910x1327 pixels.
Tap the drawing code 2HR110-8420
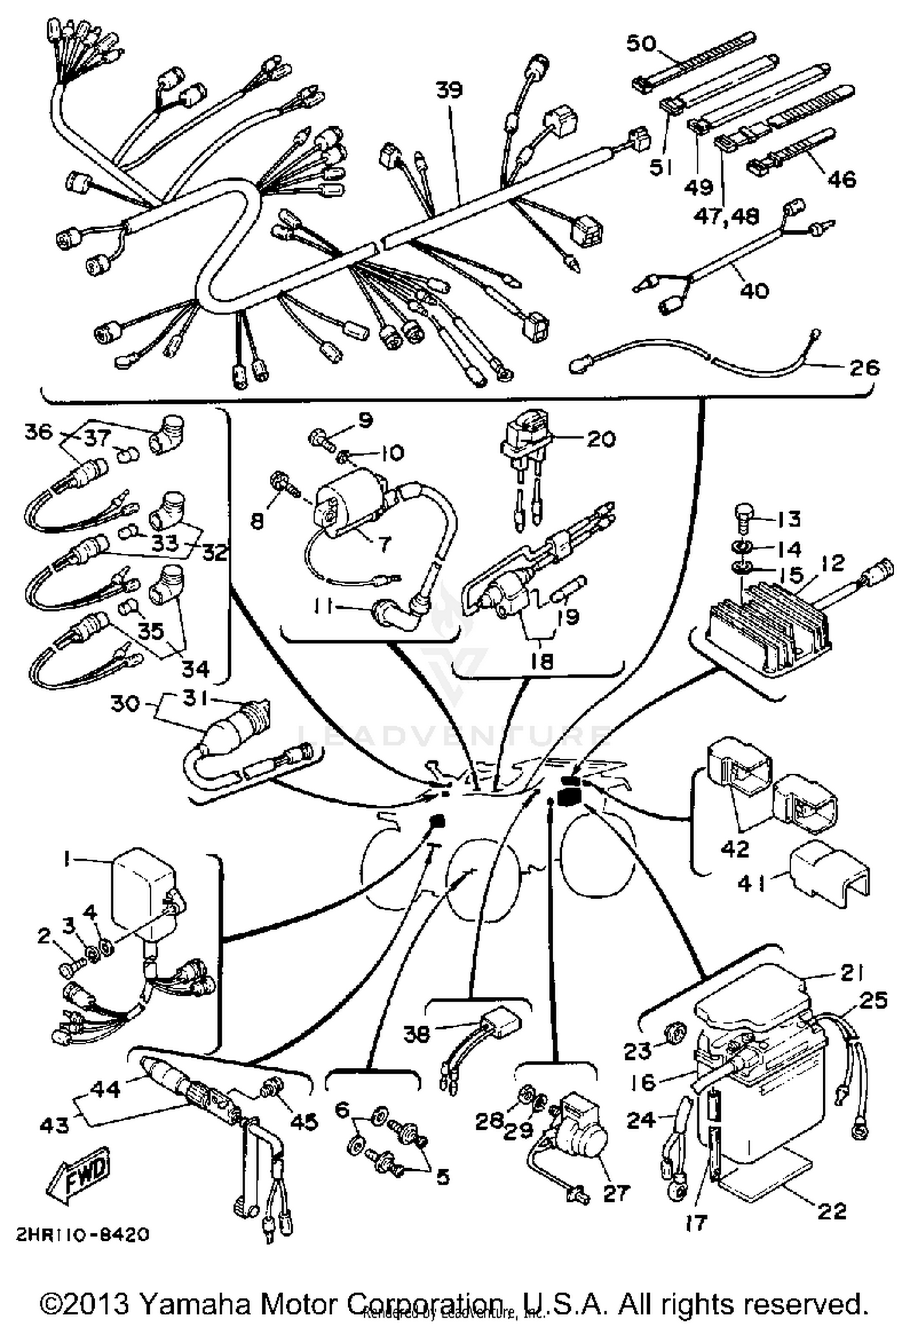point(82,1235)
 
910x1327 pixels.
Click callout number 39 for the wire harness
point(449,90)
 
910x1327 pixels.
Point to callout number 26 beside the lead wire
point(864,367)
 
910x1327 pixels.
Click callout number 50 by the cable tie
point(641,44)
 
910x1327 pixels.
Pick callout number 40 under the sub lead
point(754,290)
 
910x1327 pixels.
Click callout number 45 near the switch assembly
point(303,1121)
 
